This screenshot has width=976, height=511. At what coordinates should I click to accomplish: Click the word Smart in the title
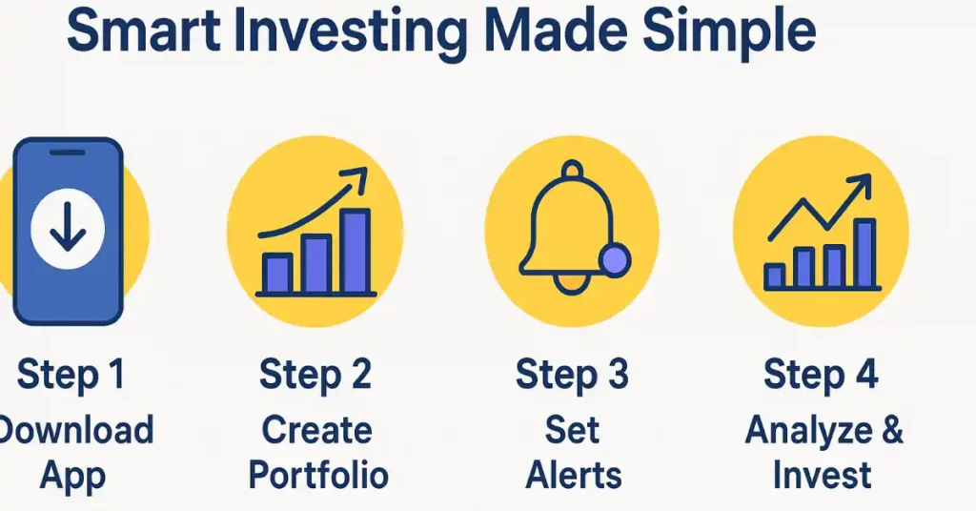(x=143, y=31)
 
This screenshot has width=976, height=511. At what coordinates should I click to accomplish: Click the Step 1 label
(x=71, y=375)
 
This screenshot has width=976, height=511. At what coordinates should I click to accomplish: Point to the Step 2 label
(x=315, y=375)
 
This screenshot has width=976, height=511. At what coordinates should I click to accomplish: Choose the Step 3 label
(x=572, y=375)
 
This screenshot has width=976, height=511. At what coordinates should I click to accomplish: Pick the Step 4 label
(x=821, y=375)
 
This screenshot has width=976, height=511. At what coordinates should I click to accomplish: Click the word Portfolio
(x=318, y=476)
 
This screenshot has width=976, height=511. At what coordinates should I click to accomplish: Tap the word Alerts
(x=573, y=476)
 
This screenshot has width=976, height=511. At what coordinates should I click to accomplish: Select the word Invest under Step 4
(x=822, y=476)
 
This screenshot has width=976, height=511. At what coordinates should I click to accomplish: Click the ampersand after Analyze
(x=892, y=429)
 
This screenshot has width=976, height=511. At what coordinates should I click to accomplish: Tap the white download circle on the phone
(x=68, y=231)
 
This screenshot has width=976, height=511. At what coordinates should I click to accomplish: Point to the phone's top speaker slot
(x=68, y=153)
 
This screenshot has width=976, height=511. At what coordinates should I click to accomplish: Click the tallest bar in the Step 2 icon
(x=355, y=251)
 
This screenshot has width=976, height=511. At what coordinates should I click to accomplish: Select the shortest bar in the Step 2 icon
(x=277, y=274)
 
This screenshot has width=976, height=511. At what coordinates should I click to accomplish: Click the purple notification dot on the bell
(x=614, y=260)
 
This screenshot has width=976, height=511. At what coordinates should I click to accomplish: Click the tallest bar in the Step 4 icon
(x=864, y=254)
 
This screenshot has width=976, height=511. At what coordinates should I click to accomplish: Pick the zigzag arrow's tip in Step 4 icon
(x=869, y=176)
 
